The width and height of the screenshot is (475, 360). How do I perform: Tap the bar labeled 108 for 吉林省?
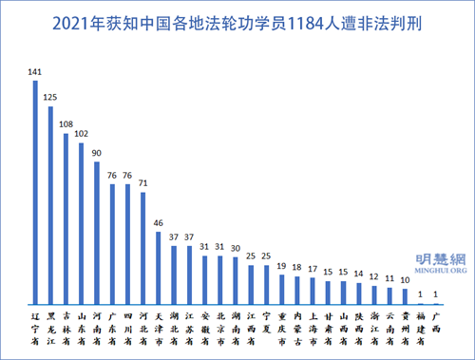pos(66,218)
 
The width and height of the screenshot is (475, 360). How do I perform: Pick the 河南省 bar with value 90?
pos(97,233)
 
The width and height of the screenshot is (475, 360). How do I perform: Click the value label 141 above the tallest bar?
pos(35,72)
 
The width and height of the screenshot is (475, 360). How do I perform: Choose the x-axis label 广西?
pos(434,321)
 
